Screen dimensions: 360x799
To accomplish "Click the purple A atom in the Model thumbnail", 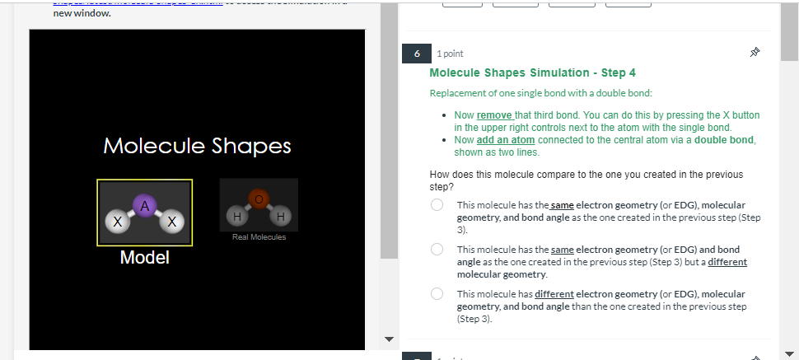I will point(145,204).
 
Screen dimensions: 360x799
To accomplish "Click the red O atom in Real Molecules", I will point(259,199).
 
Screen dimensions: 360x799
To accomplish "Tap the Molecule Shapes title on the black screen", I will point(198,146).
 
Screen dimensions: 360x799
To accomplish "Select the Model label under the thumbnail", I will point(145,258).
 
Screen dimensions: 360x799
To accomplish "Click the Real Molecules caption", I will point(259,237).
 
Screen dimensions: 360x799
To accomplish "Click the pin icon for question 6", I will point(755,54).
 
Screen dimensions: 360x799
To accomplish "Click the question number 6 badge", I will point(416,54).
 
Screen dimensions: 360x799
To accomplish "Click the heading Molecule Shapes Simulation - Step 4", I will point(532,73).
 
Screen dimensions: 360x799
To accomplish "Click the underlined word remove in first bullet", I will point(494,115).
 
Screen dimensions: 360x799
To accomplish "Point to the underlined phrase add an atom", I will point(506,140).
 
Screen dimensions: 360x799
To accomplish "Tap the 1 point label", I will point(450,54).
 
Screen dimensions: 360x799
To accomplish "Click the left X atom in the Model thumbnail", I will point(119,222).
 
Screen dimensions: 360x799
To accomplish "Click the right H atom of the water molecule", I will point(283,216).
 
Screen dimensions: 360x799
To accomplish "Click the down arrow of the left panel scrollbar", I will point(390,339).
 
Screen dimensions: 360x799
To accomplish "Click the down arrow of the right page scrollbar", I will point(789,353).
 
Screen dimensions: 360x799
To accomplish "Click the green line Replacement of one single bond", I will point(541,93).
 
